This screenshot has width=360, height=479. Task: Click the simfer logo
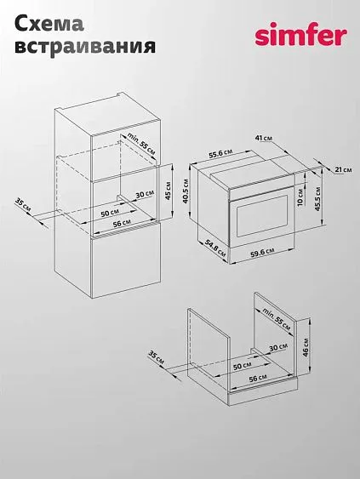(301, 36)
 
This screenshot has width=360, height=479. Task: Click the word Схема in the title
(49, 24)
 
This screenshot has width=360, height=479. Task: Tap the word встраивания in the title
(85, 47)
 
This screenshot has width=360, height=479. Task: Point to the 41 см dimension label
(264, 139)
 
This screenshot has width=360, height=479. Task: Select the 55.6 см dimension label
(220, 154)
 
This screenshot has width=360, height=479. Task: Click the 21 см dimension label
(343, 169)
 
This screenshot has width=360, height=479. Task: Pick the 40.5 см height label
(186, 191)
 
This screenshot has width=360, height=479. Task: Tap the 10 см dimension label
(300, 197)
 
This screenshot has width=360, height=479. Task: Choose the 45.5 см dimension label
(317, 199)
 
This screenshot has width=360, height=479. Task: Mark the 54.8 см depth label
(215, 248)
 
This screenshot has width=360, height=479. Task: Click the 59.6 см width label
(262, 253)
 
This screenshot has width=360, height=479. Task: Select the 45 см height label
(168, 191)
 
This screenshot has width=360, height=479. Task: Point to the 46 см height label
(306, 347)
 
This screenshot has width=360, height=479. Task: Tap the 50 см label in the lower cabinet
(242, 366)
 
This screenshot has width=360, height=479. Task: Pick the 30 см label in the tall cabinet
(145, 194)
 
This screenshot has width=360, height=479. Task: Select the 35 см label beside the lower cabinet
(156, 357)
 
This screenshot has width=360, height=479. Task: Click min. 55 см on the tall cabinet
(141, 143)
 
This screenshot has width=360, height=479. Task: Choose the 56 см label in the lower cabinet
(258, 379)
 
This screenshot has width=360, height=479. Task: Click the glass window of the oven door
(262, 216)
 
